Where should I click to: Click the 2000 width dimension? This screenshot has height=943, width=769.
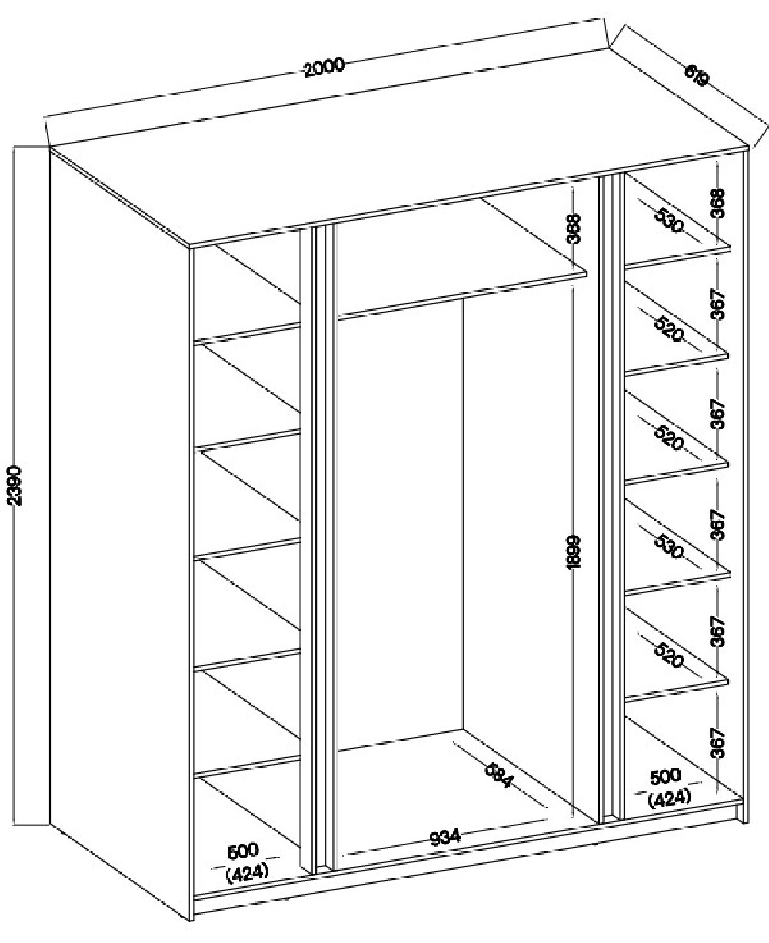pyautogui.click(x=325, y=68)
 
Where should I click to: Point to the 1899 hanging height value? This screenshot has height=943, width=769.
pyautogui.click(x=573, y=551)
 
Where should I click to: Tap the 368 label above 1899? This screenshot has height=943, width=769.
pyautogui.click(x=573, y=228)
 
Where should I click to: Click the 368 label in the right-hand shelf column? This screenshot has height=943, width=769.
pyautogui.click(x=717, y=203)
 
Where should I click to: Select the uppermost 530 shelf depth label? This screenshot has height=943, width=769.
pyautogui.click(x=668, y=221)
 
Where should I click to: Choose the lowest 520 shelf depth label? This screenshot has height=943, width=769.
pyautogui.click(x=669, y=655)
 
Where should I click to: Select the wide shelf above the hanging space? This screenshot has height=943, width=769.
pyautogui.click(x=461, y=259)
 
